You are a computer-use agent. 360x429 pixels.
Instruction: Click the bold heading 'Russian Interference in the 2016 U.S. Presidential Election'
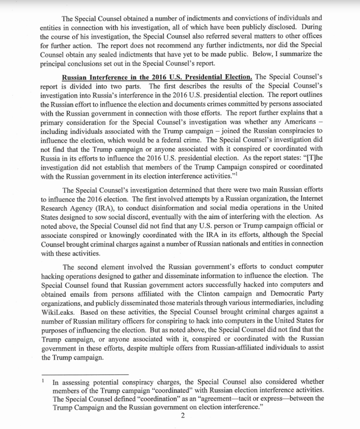tap(157, 77)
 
